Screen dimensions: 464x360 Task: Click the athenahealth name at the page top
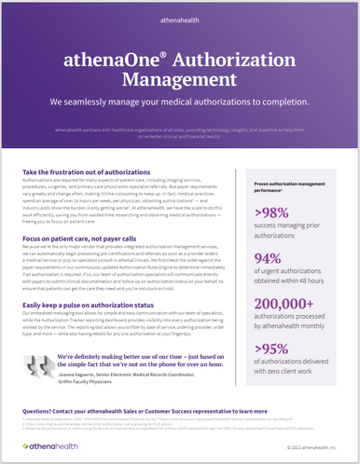(x=180, y=16)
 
